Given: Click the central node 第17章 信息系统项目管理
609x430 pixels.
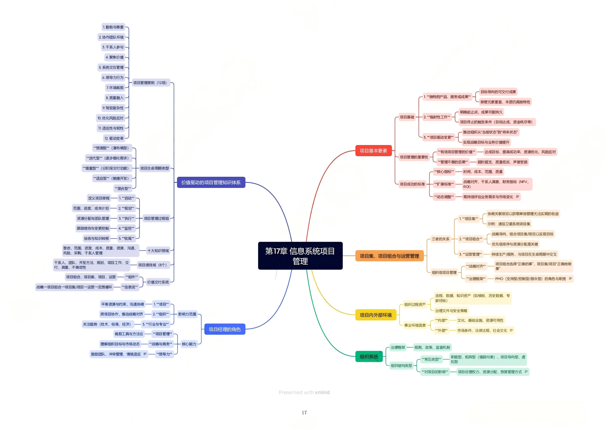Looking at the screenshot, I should [300, 256].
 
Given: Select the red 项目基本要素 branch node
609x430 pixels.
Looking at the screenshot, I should [373, 151].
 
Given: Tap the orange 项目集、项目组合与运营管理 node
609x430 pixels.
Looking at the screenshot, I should [389, 256].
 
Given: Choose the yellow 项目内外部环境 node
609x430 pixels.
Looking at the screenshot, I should [376, 315].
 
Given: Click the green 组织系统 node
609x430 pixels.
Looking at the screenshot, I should [369, 357].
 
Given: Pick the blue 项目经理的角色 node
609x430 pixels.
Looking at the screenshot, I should [224, 329].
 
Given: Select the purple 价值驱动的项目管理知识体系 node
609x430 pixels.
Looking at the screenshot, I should [211, 183].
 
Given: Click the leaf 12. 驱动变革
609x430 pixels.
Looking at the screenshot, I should [114, 139].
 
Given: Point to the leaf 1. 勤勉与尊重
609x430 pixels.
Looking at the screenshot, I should [113, 27].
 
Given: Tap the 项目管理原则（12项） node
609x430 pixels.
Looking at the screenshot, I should [150, 83].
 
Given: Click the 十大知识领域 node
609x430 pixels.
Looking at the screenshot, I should [158, 251].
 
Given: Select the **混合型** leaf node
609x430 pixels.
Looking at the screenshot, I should [123, 188].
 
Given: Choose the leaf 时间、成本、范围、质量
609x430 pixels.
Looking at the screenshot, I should [483, 172].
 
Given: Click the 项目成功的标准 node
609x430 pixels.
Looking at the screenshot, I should [412, 184].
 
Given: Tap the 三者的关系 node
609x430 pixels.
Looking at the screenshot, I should [441, 239].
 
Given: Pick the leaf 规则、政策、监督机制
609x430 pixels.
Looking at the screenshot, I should [432, 347].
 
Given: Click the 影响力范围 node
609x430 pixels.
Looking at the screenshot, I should [187, 314].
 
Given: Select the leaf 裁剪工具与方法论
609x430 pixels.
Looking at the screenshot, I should [129, 334].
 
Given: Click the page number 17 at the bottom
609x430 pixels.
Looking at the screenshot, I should [304, 413].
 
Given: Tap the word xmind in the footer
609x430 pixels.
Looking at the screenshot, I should [322, 392].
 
